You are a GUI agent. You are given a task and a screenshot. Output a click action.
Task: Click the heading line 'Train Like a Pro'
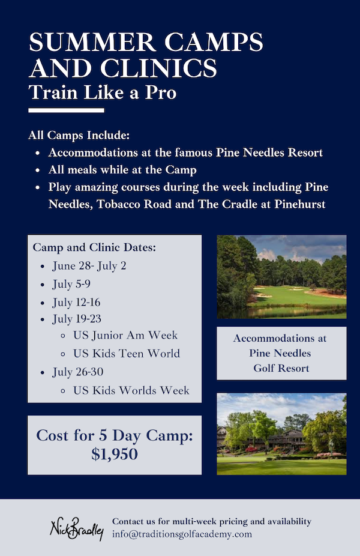click(x=103, y=92)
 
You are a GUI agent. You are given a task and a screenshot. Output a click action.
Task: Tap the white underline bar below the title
click(x=66, y=110)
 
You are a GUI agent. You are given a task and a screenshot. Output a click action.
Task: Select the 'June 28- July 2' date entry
click(x=89, y=266)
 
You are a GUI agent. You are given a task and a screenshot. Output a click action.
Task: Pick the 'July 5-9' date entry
click(x=71, y=284)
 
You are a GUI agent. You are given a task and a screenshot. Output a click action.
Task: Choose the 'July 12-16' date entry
click(x=77, y=303)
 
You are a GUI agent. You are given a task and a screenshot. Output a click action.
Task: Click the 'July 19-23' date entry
click(x=77, y=319)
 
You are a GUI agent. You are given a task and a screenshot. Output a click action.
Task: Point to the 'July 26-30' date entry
click(x=78, y=372)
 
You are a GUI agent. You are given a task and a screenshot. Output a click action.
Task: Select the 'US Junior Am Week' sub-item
click(x=125, y=335)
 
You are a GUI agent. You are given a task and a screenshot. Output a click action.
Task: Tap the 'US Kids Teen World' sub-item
click(x=127, y=354)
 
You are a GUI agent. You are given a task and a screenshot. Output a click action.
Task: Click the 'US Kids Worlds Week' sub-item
click(x=131, y=390)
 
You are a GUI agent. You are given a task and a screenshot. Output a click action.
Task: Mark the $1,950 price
click(x=115, y=455)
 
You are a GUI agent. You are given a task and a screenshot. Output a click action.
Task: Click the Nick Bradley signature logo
click(x=77, y=528)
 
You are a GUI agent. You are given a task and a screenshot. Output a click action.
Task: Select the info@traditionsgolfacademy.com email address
click(x=182, y=534)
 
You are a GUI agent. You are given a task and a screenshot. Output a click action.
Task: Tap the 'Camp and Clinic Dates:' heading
click(x=94, y=247)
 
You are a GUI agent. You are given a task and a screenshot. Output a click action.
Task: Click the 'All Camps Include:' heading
click(x=79, y=135)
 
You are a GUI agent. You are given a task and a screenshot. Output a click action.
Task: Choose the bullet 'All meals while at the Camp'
click(x=122, y=170)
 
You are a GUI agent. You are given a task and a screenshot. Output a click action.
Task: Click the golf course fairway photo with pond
click(x=281, y=277)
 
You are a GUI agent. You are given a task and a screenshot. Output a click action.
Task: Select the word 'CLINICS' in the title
click(x=159, y=68)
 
